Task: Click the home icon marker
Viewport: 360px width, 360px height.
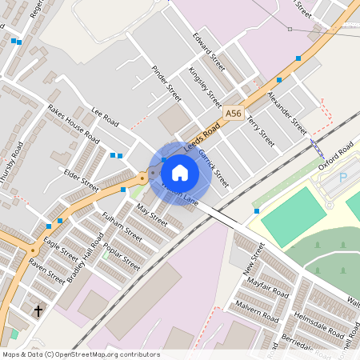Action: (180, 173)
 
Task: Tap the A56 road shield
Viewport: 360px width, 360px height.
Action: (234, 114)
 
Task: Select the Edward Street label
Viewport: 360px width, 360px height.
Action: (209, 47)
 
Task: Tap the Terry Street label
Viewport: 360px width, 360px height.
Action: (260, 130)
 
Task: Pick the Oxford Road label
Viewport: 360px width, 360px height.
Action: (334, 155)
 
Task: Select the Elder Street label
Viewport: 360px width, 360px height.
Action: (82, 178)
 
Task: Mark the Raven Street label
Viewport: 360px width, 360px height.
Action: (47, 271)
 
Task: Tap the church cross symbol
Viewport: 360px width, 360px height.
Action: (38, 310)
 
